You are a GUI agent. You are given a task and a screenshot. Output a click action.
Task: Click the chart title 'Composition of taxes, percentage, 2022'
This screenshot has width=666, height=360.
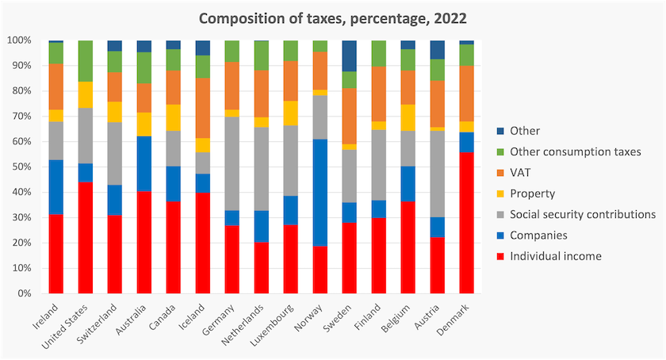click(333, 19)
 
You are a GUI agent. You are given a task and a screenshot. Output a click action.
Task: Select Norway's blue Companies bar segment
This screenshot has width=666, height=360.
click(320, 193)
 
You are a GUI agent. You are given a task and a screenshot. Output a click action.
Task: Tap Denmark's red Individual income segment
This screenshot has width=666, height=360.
click(467, 223)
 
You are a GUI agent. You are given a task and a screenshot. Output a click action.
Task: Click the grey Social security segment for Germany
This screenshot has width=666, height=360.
click(232, 163)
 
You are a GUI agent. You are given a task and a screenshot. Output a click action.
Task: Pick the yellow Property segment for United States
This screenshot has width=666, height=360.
click(86, 95)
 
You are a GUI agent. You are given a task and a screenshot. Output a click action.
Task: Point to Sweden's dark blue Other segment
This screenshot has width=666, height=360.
click(349, 56)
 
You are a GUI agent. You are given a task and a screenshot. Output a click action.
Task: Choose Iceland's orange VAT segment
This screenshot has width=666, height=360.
click(203, 108)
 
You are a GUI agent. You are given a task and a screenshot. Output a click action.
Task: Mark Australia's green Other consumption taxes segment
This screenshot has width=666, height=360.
click(144, 67)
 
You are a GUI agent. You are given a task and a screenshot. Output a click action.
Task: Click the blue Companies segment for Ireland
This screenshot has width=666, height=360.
click(56, 187)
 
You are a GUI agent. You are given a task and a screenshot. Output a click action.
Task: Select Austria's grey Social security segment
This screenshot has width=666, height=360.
click(438, 174)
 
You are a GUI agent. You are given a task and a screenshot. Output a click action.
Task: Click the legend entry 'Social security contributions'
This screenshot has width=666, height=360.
click(576, 214)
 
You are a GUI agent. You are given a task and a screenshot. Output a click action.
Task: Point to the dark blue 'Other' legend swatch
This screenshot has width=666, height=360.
click(500, 131)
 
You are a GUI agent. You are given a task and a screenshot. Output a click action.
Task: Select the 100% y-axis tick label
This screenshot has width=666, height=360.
click(20, 40)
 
